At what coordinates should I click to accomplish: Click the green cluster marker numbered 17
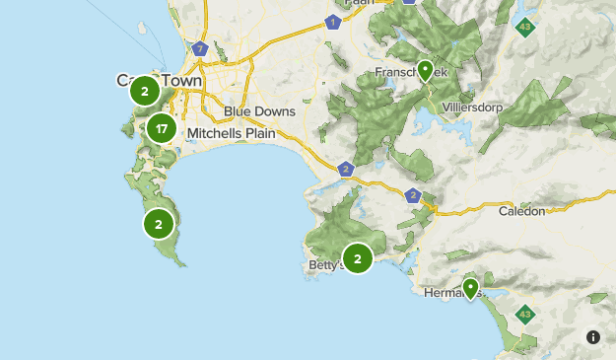click(x=163, y=127)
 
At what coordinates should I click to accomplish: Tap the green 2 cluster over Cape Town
click(x=145, y=91)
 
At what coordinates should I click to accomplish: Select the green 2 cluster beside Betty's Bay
click(x=358, y=258)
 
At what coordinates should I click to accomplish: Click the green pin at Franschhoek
click(x=425, y=70)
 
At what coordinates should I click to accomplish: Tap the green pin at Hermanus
click(x=471, y=287)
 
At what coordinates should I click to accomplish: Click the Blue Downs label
click(x=259, y=111)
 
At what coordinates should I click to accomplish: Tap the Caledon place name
click(x=520, y=211)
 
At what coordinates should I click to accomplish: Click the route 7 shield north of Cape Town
click(x=200, y=47)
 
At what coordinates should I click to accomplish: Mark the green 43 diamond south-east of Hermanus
click(x=525, y=316)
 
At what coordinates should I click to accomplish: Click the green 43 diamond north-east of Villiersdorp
click(x=525, y=26)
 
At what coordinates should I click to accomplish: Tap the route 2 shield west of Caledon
click(x=412, y=195)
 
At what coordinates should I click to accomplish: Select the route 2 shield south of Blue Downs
click(x=345, y=169)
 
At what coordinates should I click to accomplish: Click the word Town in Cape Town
click(x=182, y=80)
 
